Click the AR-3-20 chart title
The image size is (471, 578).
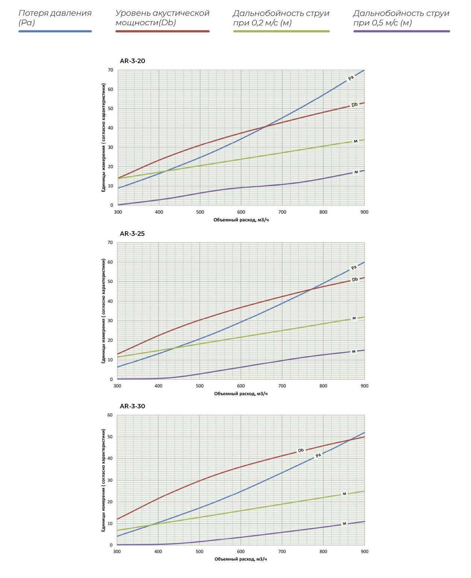132,61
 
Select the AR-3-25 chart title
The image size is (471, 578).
132,234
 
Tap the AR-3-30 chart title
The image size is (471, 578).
132,406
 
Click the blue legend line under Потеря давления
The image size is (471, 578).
55,31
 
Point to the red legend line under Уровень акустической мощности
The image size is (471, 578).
162,31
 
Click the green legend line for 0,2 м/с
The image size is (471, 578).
281,31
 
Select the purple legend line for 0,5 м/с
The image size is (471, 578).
401,31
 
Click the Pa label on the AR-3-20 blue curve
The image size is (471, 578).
351,78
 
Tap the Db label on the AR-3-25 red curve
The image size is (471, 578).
355,280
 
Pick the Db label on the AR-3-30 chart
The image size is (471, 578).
301,450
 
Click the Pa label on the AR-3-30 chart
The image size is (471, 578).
318,456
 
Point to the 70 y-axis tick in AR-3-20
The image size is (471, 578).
110,70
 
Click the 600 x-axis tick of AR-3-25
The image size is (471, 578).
241,386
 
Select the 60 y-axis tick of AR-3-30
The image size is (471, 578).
110,415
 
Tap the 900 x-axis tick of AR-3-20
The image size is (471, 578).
364,212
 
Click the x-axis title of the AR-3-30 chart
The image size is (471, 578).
241,559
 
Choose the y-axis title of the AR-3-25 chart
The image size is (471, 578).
103,311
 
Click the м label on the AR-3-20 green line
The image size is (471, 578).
356,141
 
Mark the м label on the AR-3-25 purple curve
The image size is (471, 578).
354,352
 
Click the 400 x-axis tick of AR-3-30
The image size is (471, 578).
158,552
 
